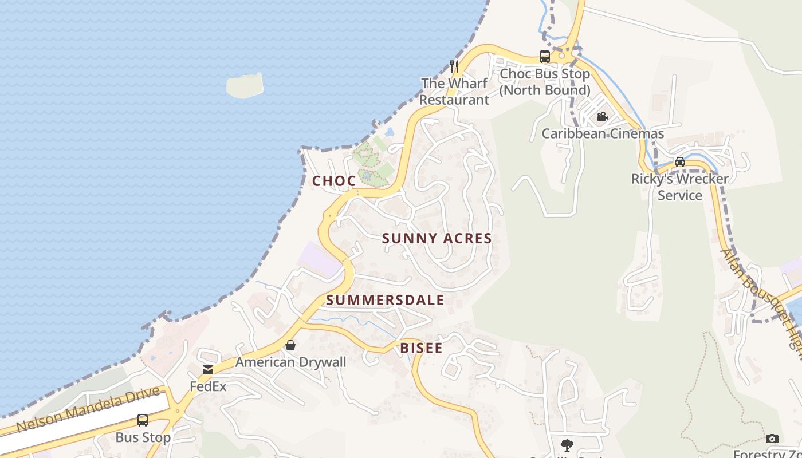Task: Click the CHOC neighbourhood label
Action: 334,181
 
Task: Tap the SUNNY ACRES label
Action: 437,238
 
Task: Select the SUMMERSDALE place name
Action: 385,300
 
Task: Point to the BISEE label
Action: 421,348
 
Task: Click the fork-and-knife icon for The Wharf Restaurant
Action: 454,66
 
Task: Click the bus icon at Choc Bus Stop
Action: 545,57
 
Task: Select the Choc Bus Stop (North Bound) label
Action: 544,82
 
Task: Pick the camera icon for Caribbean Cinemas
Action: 602,117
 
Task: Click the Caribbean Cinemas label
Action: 603,134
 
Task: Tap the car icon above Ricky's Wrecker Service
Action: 680,161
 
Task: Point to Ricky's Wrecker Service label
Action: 680,187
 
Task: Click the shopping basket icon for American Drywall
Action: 290,345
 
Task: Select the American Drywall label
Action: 290,362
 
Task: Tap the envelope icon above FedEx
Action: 208,370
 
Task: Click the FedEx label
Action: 208,386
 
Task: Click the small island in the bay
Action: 245,85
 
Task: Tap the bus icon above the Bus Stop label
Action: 143,420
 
